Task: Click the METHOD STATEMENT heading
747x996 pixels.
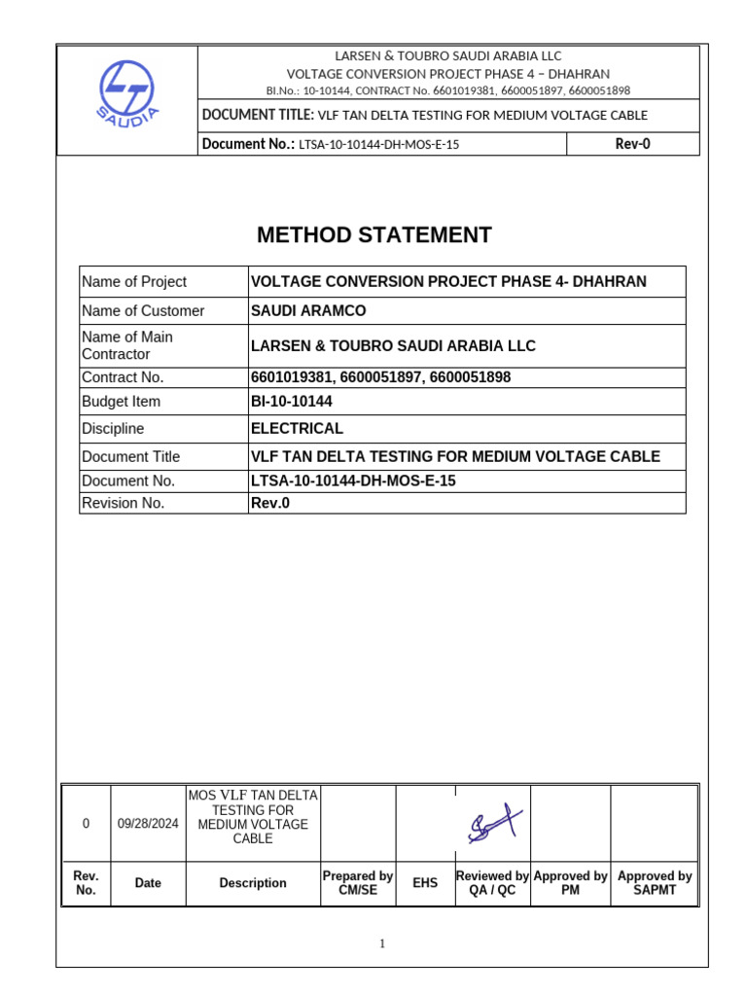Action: [373, 235]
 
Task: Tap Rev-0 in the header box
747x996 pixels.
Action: [632, 145]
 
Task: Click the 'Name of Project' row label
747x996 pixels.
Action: [134, 282]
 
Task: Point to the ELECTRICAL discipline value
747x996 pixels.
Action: [297, 428]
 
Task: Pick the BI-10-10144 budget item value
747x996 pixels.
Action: [293, 402]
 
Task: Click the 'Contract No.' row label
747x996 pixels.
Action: [123, 377]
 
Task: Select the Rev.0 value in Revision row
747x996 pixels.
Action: [270, 503]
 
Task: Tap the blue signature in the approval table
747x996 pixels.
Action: [493, 825]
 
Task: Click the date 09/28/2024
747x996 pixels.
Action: [148, 823]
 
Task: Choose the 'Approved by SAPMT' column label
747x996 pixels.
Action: [655, 883]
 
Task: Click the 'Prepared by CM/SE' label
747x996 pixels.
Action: [357, 883]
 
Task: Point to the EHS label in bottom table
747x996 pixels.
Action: [425, 883]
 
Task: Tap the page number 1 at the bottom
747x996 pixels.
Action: [382, 943]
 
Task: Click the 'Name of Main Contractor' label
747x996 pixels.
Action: [127, 345]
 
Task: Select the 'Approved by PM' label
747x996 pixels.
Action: [570, 883]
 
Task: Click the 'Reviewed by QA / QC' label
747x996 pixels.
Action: [492, 883]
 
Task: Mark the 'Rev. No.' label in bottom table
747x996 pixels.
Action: [86, 883]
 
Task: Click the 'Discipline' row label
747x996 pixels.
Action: [113, 429]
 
